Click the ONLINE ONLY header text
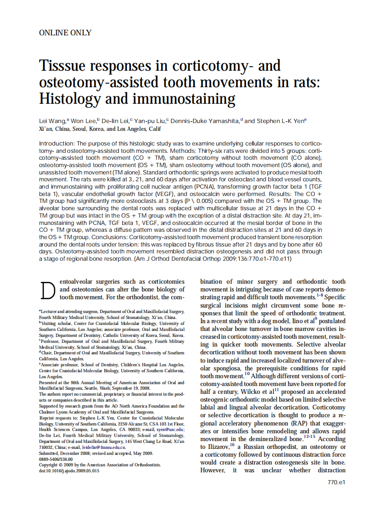(65, 33)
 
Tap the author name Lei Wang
(52, 121)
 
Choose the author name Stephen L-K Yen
(279, 121)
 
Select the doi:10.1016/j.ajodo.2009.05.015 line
(69, 471)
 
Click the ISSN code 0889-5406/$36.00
(56, 459)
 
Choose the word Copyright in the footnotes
(49, 465)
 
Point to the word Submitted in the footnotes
(50, 453)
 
